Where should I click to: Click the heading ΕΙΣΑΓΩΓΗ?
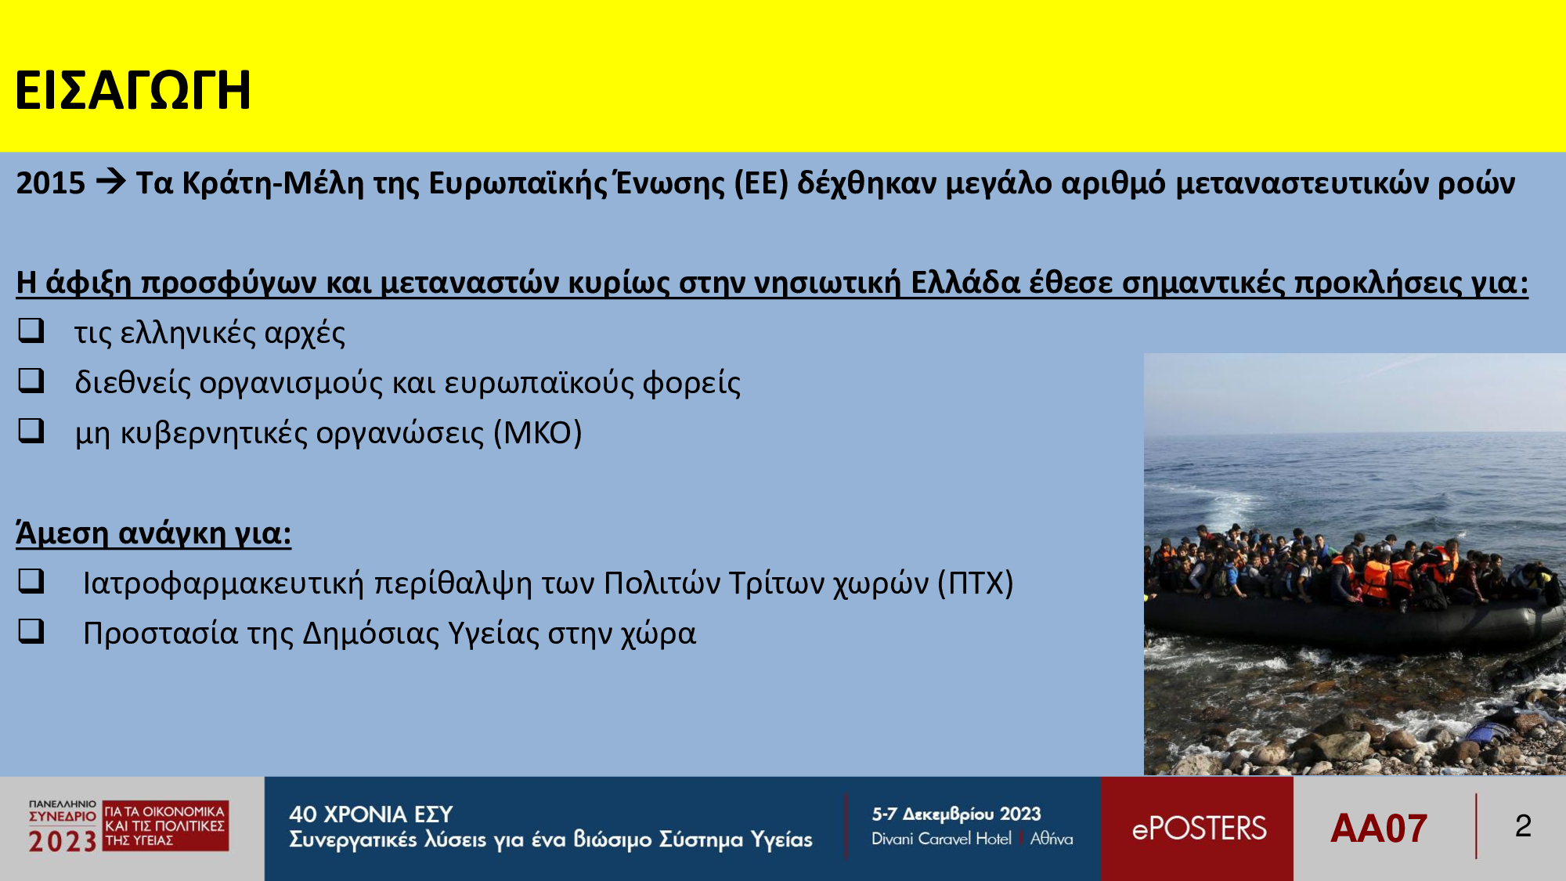[x=133, y=90]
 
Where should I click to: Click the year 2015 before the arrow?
[x=51, y=183]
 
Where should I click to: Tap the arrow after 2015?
[x=110, y=182]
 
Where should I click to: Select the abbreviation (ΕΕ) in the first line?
[x=761, y=183]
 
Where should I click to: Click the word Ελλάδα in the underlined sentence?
[x=965, y=283]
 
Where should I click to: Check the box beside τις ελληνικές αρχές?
[x=31, y=330]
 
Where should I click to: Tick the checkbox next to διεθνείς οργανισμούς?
[x=31, y=381]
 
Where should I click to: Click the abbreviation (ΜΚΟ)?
[x=538, y=433]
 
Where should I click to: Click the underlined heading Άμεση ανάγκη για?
[x=153, y=533]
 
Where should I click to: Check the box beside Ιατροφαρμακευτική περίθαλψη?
[x=31, y=581]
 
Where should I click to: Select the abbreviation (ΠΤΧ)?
[x=976, y=583]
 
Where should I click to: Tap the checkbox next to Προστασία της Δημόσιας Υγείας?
[x=31, y=631]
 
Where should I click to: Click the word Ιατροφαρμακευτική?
[x=224, y=584]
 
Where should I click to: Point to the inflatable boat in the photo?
[x=1355, y=619]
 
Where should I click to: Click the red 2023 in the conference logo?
[x=63, y=842]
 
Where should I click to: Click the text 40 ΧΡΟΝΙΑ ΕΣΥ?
[x=371, y=814]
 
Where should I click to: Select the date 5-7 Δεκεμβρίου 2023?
[x=957, y=814]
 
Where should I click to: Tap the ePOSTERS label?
[x=1199, y=829]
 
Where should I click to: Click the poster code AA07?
[x=1379, y=829]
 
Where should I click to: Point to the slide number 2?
[x=1523, y=826]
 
